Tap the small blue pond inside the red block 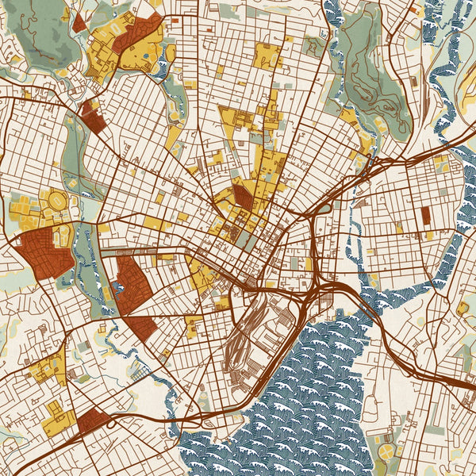120,282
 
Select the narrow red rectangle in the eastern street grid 426,215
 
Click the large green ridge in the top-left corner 44,32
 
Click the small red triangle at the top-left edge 79,23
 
